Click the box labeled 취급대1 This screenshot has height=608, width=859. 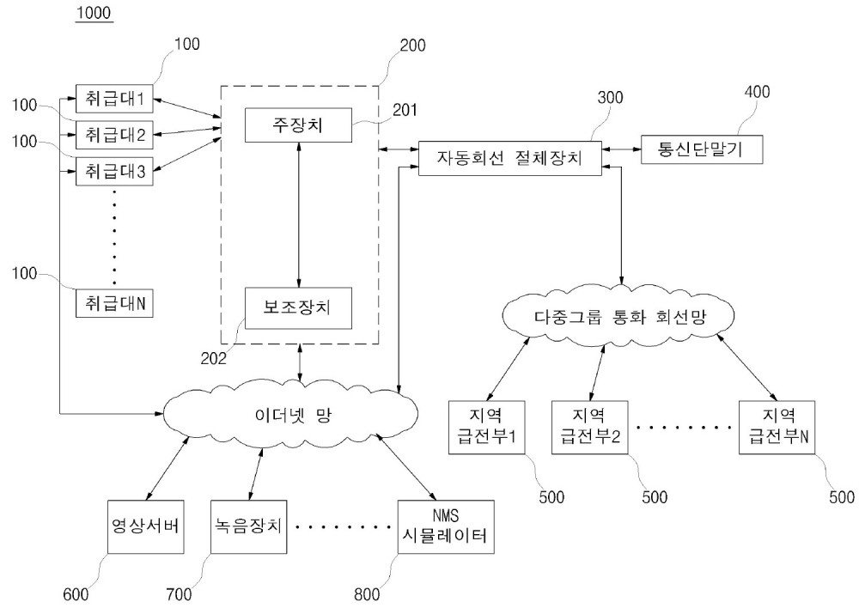(x=114, y=99)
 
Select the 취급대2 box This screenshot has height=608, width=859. (x=114, y=135)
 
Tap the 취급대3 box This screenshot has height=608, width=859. (x=114, y=171)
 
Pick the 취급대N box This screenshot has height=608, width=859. (x=114, y=303)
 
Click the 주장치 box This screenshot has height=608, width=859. (x=298, y=125)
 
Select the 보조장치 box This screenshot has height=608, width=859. (x=298, y=307)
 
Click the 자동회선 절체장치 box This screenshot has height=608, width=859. (x=509, y=158)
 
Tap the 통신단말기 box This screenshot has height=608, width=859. (x=701, y=149)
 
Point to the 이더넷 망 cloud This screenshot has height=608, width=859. (x=290, y=415)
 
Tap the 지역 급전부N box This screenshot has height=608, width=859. (x=777, y=428)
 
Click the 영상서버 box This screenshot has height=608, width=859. (x=146, y=526)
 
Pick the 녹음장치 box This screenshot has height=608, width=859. (x=249, y=526)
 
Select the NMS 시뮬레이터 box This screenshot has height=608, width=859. (x=446, y=526)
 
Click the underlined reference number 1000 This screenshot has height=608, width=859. (x=94, y=13)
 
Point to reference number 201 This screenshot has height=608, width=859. (x=405, y=110)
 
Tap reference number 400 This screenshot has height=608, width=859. (x=757, y=92)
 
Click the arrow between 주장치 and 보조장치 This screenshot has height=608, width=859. (x=299, y=215)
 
